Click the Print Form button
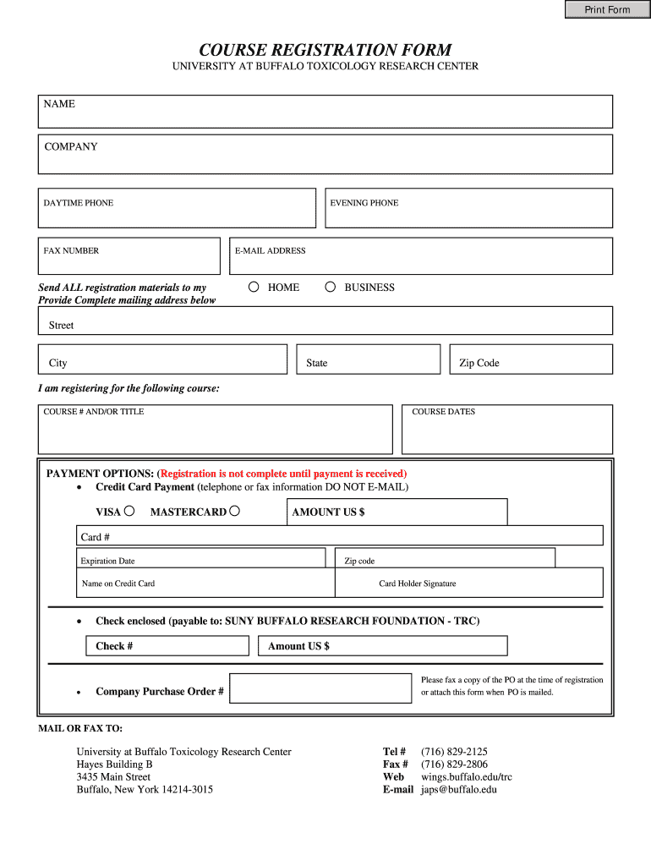point(607,9)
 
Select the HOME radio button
point(254,287)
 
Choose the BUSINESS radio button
point(331,287)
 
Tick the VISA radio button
point(129,511)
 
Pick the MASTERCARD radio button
point(235,511)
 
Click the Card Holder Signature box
point(469,583)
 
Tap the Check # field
point(168,646)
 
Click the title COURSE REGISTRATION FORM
point(325,50)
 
